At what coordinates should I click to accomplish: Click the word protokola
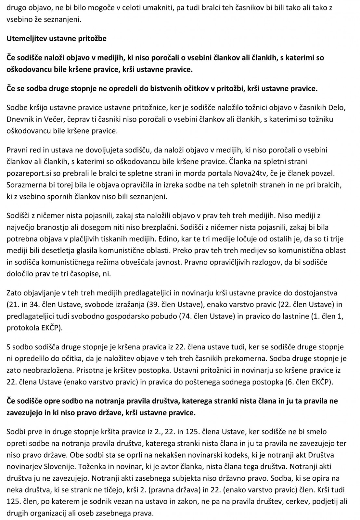(21, 328)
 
